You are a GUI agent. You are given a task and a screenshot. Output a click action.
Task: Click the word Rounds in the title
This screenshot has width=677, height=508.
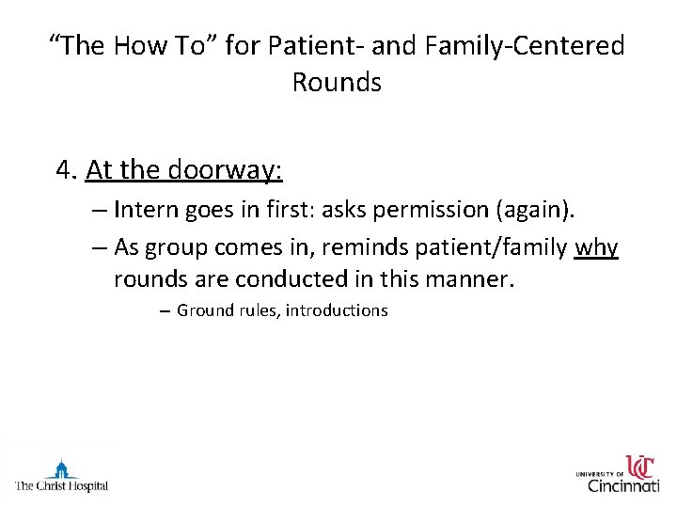[x=337, y=83]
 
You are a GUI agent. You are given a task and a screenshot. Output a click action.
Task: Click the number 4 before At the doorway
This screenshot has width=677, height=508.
[x=64, y=170]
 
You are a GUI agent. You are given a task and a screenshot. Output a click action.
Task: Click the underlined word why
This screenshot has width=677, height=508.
[x=596, y=247]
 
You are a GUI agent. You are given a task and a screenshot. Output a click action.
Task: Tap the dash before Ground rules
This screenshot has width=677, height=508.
[x=165, y=310]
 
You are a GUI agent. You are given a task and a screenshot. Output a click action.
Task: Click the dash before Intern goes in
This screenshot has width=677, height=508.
[x=101, y=214]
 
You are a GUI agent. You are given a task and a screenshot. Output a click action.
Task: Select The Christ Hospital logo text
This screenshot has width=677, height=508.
[x=61, y=486]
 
